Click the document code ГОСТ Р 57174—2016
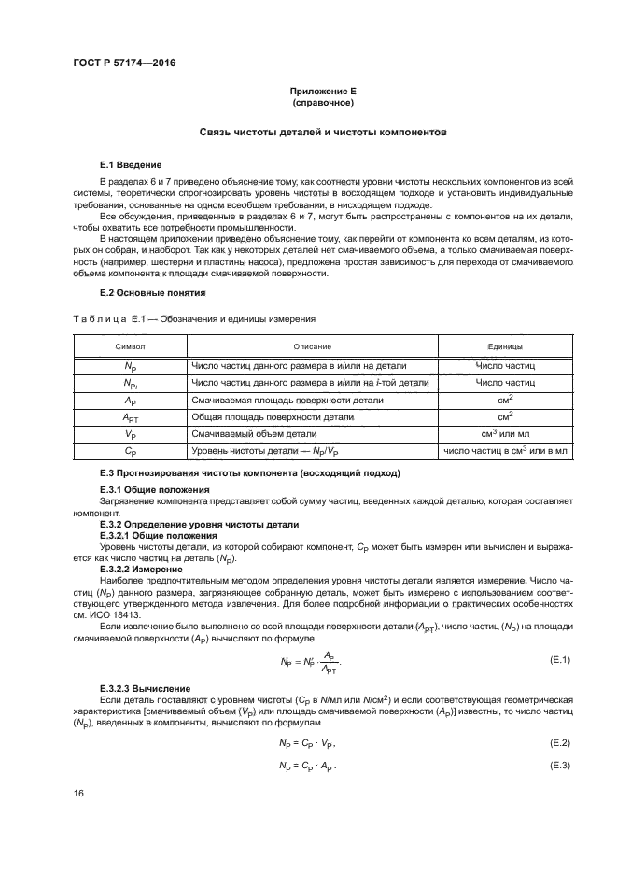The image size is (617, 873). pos(123,63)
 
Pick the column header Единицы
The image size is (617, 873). pos(505,346)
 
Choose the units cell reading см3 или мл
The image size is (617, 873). pos(505,433)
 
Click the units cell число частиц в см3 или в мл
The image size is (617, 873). pos(505,451)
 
